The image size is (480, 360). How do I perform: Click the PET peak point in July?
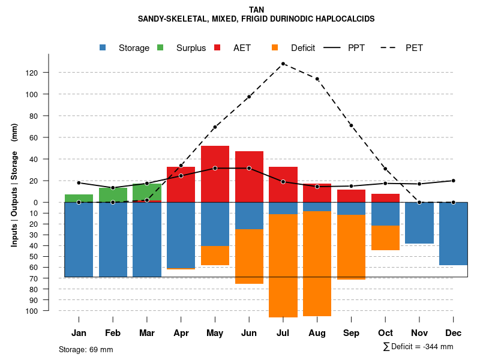point(283,64)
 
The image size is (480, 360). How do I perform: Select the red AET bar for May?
point(215,174)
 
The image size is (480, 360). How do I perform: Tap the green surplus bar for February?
point(113,195)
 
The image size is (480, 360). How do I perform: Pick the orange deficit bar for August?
point(317,264)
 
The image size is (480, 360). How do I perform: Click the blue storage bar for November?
point(419,223)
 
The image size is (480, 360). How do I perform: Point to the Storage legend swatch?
point(103,48)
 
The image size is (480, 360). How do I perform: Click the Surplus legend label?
point(191,48)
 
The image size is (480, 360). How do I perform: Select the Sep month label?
point(351,333)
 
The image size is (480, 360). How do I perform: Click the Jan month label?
point(79,333)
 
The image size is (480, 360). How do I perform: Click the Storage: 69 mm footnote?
point(86,349)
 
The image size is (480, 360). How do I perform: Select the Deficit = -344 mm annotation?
point(418,346)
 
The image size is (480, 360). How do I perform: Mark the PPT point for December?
point(453,181)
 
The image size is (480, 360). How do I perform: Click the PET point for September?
point(351,125)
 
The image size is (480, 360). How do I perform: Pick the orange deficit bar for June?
point(249,256)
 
